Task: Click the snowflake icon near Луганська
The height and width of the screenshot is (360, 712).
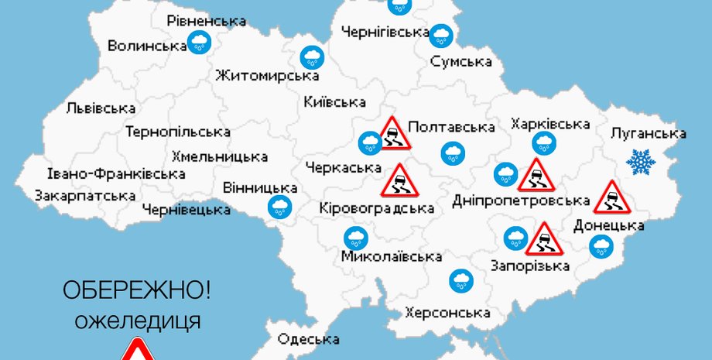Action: click(640, 162)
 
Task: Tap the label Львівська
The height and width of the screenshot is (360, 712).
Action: click(101, 109)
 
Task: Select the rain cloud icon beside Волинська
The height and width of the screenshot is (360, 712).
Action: click(199, 43)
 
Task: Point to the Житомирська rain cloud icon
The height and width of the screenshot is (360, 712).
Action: click(313, 56)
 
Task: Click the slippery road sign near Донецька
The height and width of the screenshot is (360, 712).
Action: click(612, 197)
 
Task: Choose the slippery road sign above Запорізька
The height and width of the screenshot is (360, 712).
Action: click(543, 239)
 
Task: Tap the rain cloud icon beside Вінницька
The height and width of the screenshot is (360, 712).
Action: click(279, 206)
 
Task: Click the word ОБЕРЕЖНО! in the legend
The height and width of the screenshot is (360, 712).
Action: click(136, 292)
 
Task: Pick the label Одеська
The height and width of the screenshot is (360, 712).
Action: click(308, 340)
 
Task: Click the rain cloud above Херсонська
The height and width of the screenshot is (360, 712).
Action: click(461, 280)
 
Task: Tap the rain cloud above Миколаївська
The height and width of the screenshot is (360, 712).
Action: click(355, 238)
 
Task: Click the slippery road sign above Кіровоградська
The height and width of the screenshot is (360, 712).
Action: click(399, 180)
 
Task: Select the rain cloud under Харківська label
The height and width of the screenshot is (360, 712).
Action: click(543, 142)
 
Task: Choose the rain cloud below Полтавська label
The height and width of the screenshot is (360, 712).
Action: click(453, 153)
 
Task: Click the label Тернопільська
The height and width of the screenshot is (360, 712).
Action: click(178, 132)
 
